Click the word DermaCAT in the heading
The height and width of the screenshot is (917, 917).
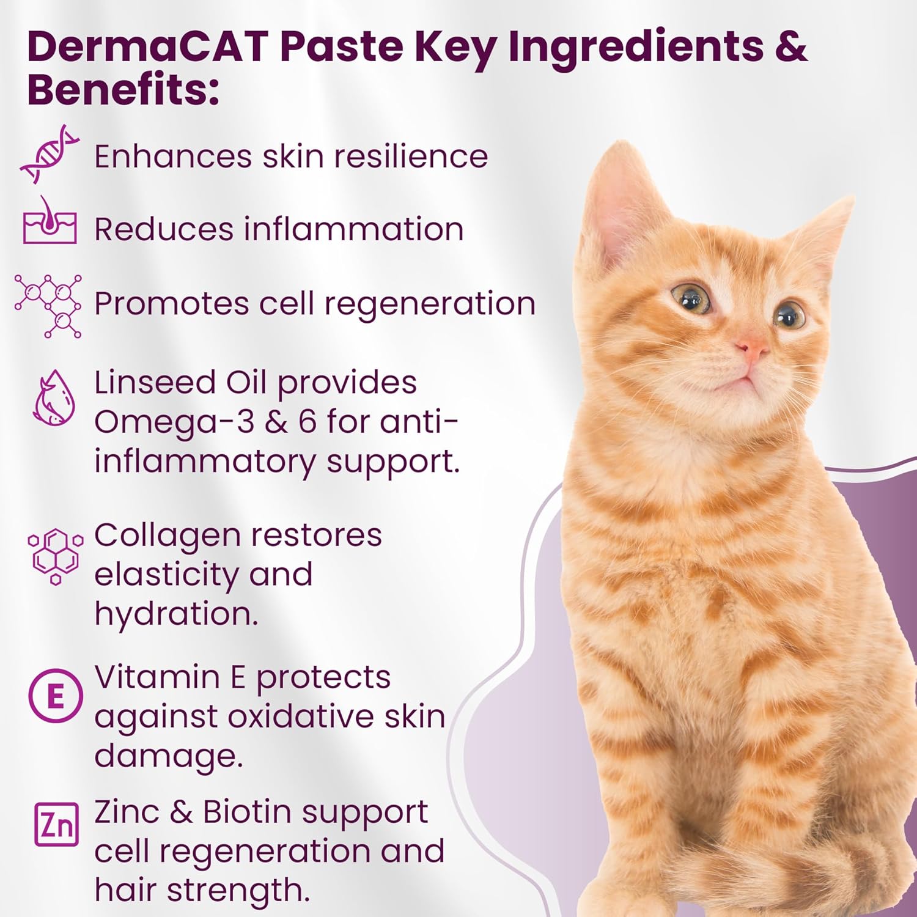pos(148,46)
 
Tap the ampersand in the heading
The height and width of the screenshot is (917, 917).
pos(792,46)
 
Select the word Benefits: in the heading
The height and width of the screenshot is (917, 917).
pos(123,90)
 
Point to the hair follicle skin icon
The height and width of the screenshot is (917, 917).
pos(50,220)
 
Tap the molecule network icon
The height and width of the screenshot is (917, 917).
pos(48,306)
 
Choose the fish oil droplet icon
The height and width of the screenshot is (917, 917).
pos(54,397)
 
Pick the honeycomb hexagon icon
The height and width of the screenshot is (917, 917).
pos(55,556)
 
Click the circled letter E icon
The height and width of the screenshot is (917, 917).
pos(56,696)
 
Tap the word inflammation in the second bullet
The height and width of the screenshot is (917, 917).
pos(354,229)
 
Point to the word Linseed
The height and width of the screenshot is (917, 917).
pos(155,383)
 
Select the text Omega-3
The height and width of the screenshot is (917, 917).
pos(174,422)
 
